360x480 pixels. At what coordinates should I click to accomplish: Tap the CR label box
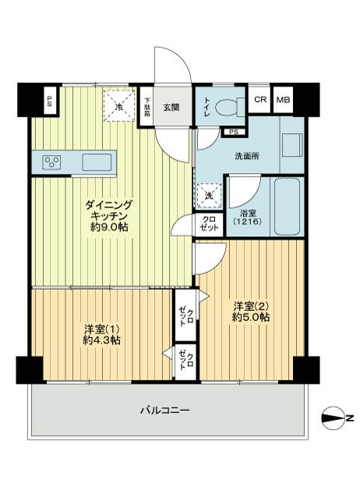260,100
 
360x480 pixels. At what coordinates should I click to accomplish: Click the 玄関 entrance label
172,108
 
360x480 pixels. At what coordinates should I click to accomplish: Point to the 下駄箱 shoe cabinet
146,106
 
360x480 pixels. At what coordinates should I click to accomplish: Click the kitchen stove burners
53,162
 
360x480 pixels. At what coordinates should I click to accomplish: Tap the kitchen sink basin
98,161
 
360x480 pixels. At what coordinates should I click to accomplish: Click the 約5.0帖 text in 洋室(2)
251,317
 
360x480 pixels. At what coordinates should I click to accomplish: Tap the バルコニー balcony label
165,410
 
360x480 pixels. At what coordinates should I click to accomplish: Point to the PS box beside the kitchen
50,100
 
